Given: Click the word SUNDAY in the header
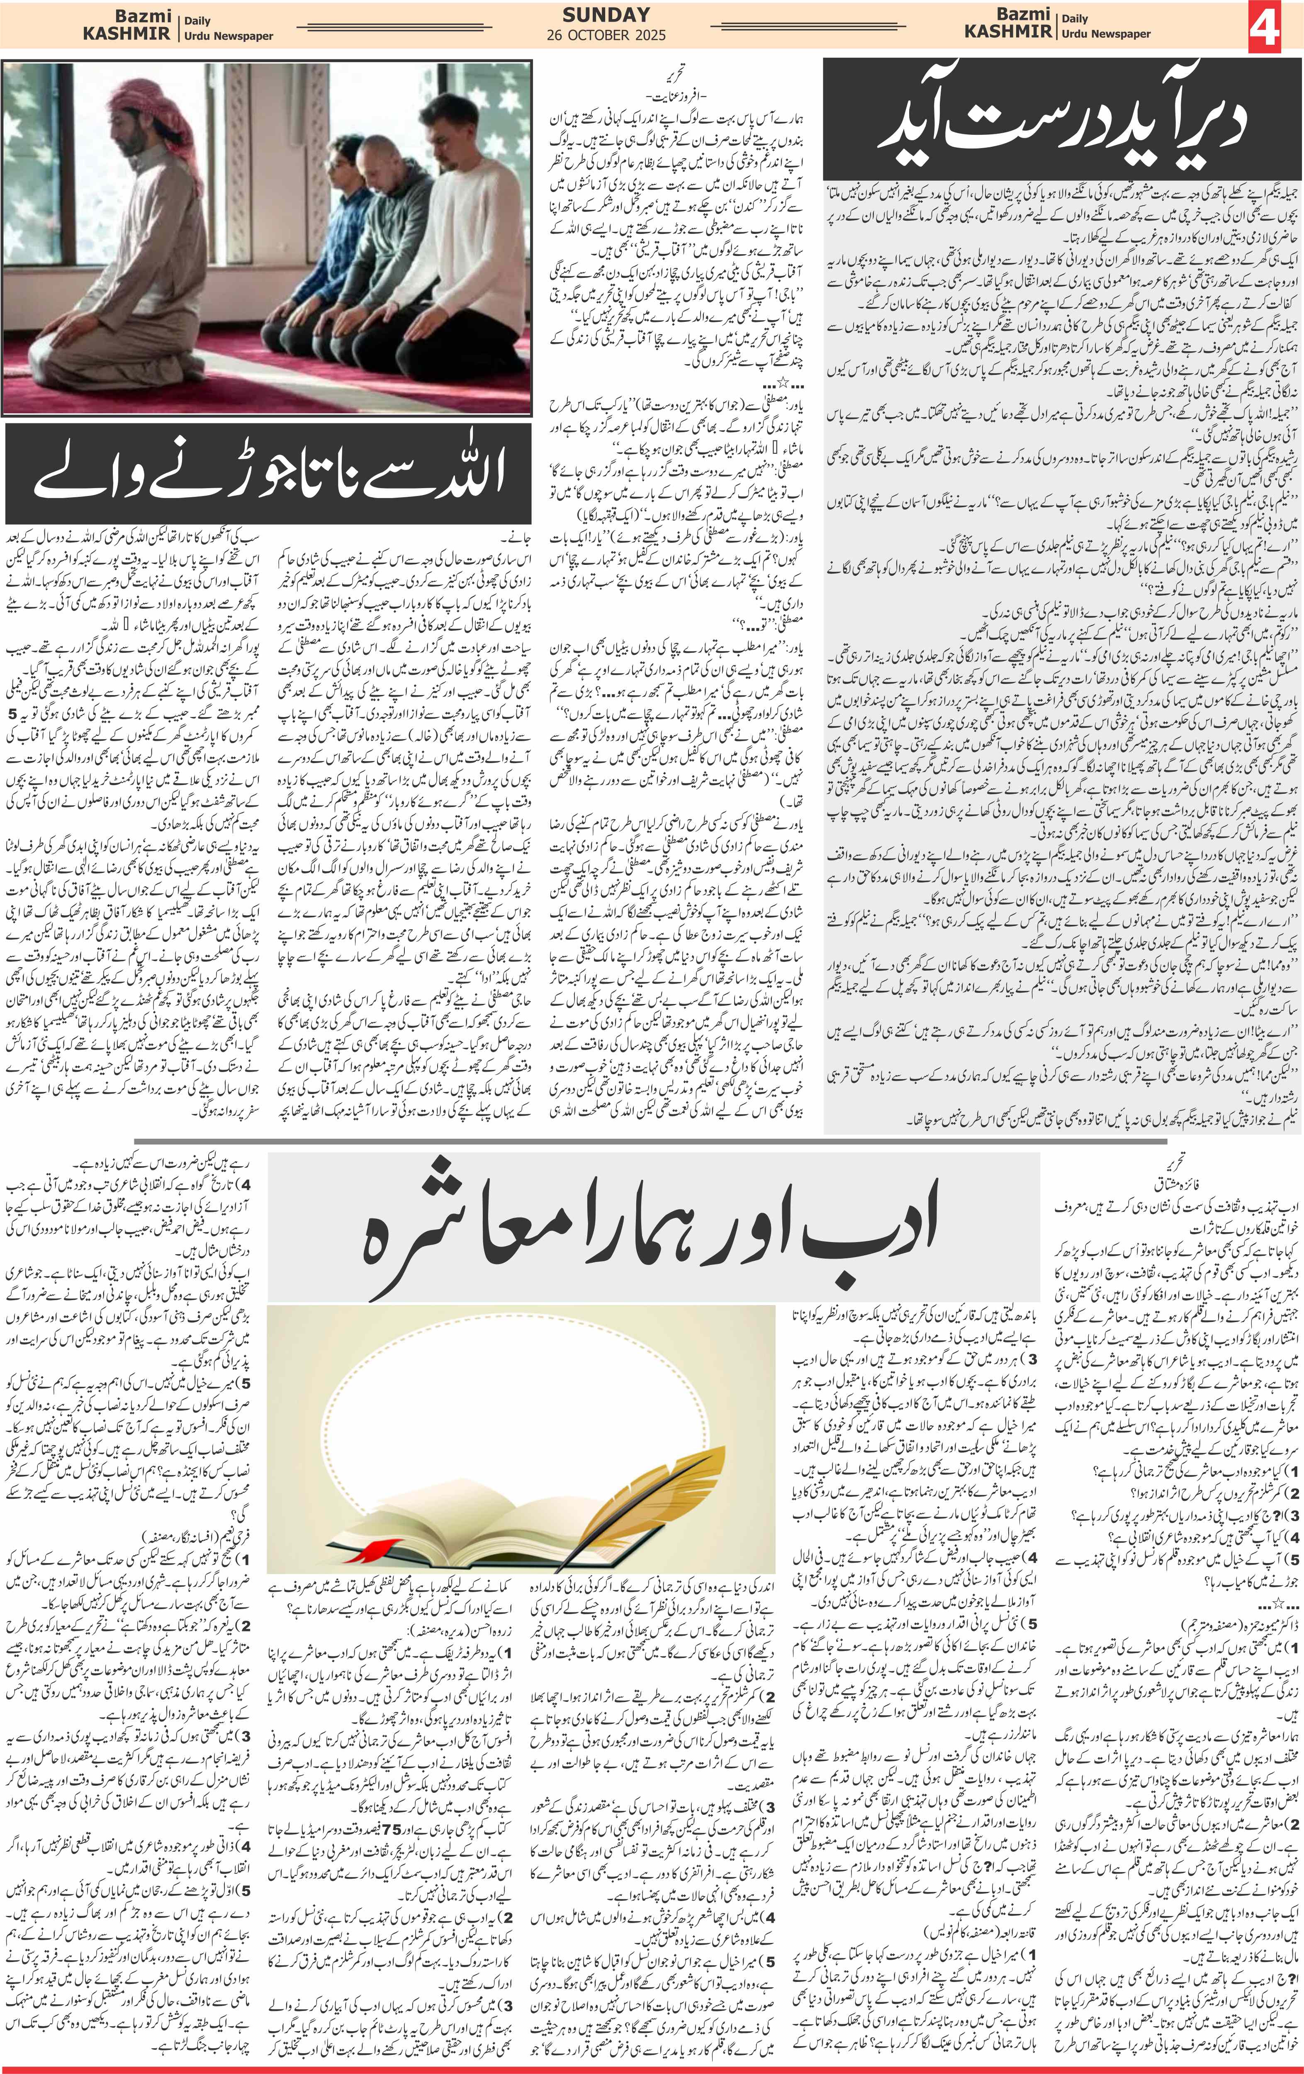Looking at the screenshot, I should click(606, 15).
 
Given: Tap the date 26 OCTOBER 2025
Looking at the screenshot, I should click(606, 35).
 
